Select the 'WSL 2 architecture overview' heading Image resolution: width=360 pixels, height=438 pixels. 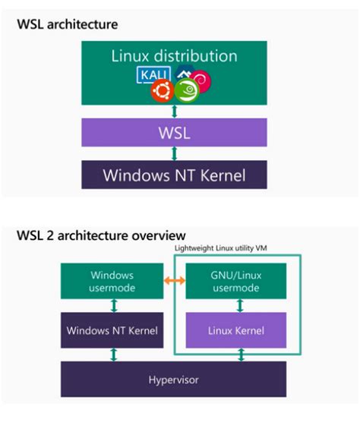pyautogui.click(x=101, y=235)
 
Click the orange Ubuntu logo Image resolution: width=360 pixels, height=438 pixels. pyautogui.click(x=160, y=93)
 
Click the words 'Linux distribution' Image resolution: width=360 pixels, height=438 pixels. pyautogui.click(x=174, y=55)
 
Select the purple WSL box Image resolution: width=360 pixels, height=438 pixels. pyautogui.click(x=174, y=133)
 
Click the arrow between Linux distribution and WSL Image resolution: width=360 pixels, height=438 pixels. pyautogui.click(x=174, y=110)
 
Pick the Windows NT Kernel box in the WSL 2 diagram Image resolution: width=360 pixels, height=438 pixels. pyautogui.click(x=112, y=330)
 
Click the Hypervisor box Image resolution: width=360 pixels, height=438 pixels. pyautogui.click(x=174, y=377)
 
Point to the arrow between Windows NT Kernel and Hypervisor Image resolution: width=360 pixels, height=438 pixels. pyautogui.click(x=112, y=354)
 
